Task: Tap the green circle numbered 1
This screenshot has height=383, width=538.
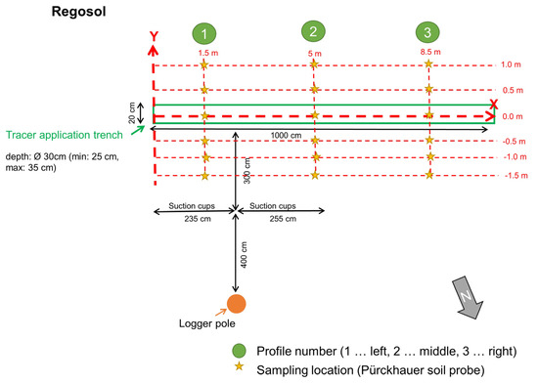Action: pyautogui.click(x=202, y=32)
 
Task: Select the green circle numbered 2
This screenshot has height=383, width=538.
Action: pyautogui.click(x=312, y=31)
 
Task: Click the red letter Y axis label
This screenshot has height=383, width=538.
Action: pyautogui.click(x=154, y=36)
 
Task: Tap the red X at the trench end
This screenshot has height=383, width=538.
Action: pyautogui.click(x=493, y=104)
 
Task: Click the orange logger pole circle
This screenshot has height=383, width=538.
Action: pyautogui.click(x=236, y=304)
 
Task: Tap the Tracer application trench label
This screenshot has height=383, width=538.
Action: pyautogui.click(x=68, y=135)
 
